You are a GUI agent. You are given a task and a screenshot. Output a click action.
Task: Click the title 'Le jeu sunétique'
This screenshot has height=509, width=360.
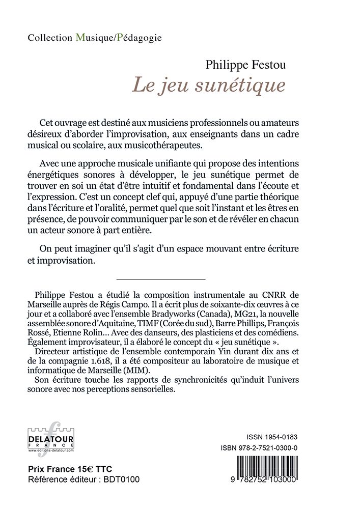coord(209,84)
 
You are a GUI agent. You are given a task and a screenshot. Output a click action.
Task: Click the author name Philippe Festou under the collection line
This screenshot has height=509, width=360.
coord(238,65)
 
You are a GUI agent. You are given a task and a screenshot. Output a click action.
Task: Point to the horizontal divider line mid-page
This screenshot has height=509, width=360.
coord(160,279)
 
